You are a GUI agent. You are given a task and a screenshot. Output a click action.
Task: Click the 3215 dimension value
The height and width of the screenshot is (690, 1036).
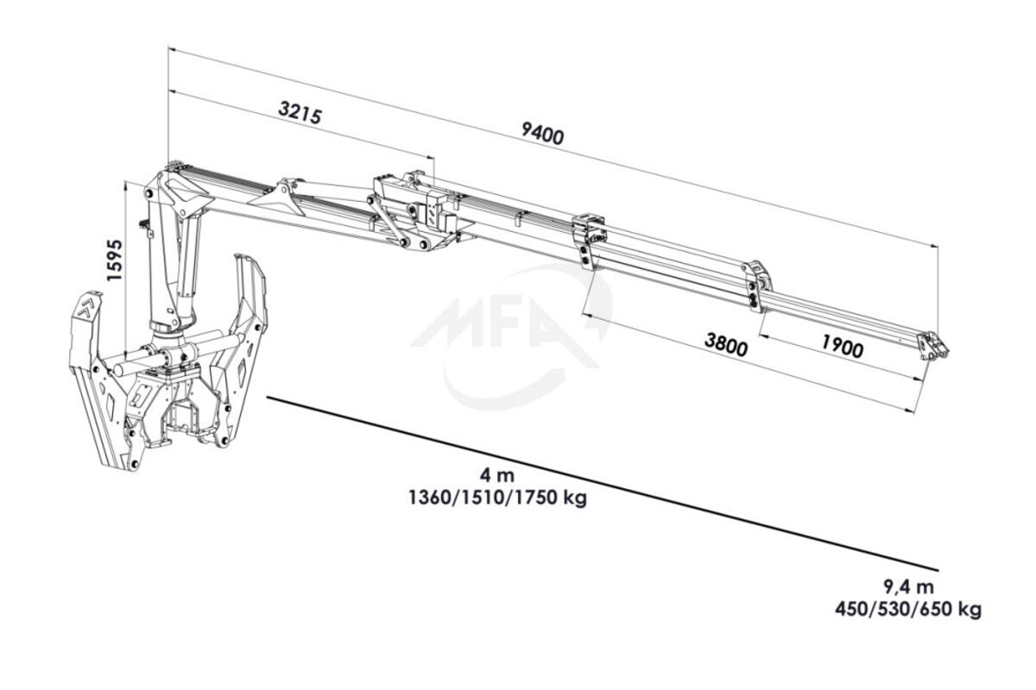tap(300, 113)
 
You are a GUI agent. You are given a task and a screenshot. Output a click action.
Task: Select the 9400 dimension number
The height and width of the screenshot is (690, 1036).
tap(542, 133)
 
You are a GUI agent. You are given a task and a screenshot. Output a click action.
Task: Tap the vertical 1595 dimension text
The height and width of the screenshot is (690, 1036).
tap(114, 260)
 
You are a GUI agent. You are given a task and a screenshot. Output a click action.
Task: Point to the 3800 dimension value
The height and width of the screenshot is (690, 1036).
tap(726, 344)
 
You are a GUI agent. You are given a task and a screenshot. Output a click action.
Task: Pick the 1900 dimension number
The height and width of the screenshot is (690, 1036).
tap(843, 346)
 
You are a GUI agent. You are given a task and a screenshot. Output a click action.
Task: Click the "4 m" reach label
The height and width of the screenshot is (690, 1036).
tap(497, 474)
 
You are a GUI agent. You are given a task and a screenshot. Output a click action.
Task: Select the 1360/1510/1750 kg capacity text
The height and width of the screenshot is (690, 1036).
tap(497, 498)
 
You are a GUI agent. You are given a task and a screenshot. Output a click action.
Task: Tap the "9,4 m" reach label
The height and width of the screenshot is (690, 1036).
tap(908, 587)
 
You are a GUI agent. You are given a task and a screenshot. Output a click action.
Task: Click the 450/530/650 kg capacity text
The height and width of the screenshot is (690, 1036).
tap(908, 610)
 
